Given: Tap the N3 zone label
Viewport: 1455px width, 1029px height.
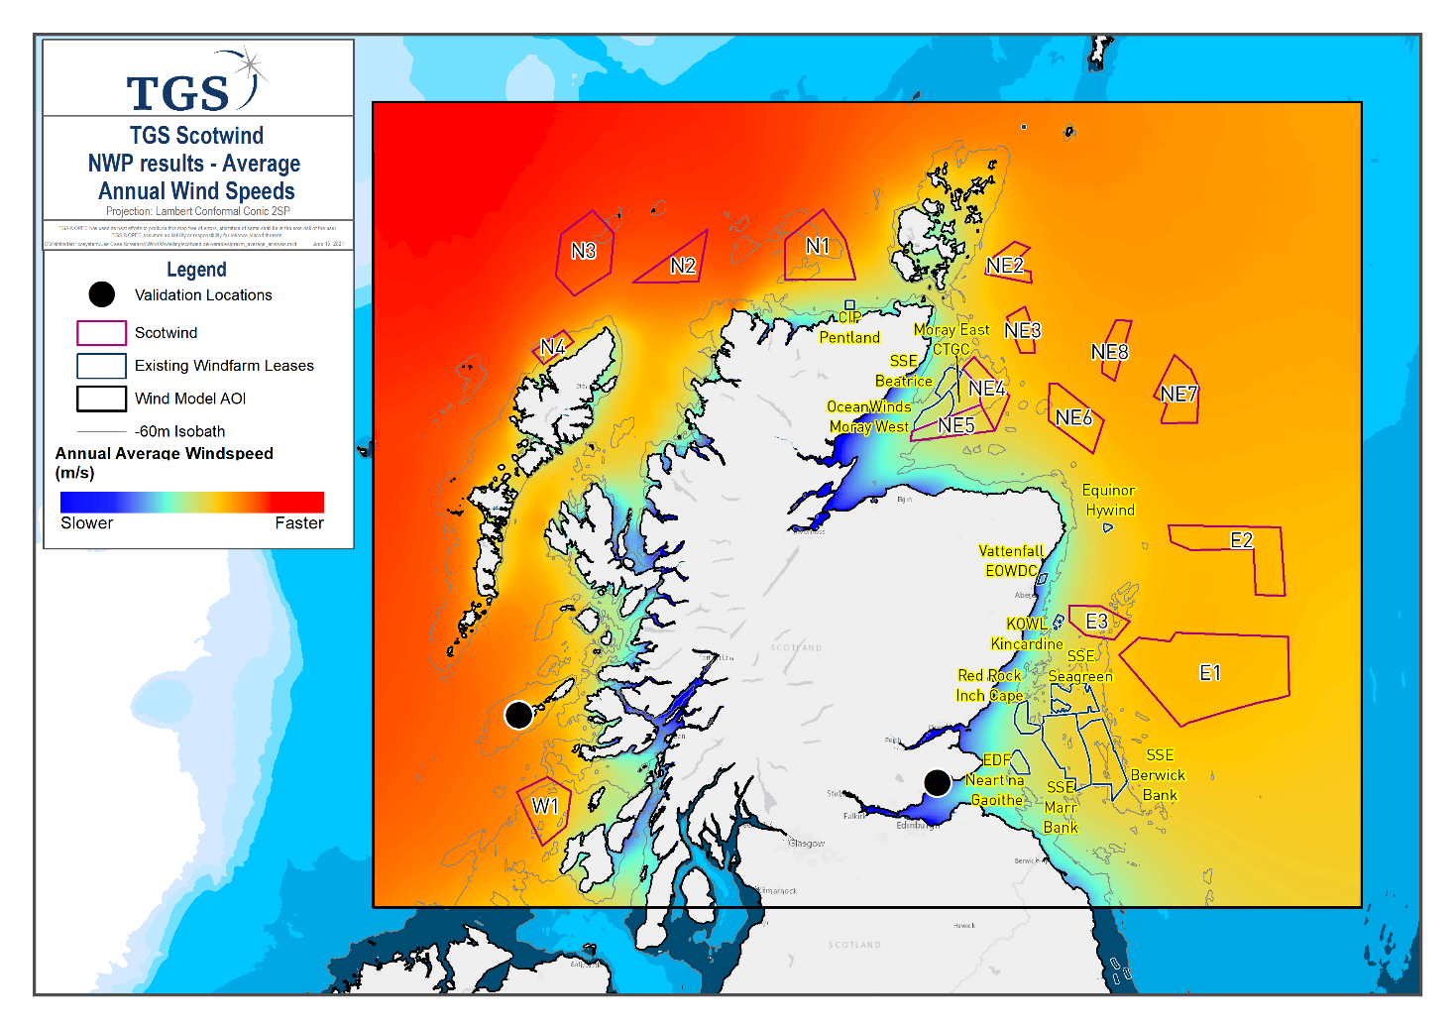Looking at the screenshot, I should point(584,252).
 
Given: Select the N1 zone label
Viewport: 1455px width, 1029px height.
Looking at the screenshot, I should point(818,247).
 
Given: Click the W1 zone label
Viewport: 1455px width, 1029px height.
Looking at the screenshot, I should point(545,806).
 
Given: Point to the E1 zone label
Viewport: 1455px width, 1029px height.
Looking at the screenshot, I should point(1210,674).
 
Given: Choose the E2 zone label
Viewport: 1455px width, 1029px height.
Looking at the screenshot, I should point(1241,541).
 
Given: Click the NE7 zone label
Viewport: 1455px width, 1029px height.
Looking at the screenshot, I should point(1178,395).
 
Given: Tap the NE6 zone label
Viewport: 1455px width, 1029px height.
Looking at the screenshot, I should point(1073,418).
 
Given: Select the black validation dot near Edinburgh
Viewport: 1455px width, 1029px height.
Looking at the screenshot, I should point(938,783).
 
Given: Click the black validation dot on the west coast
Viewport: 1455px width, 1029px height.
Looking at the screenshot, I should point(518,714).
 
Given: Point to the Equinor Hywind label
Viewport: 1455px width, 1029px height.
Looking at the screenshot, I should point(1109,501).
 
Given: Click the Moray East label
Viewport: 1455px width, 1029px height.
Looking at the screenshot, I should point(951,330).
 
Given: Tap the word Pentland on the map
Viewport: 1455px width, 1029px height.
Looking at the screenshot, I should point(849,338).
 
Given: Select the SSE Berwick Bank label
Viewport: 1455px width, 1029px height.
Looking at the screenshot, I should point(1158,775).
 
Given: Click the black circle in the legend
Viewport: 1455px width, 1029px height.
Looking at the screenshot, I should point(102,294).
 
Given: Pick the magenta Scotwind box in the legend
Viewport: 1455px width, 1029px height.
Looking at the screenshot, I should point(101,333).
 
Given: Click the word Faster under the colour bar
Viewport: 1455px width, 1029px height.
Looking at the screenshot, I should point(299,523).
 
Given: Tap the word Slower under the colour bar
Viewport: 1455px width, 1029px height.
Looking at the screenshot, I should point(87,523).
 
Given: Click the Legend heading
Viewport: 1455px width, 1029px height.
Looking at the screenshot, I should point(196,270).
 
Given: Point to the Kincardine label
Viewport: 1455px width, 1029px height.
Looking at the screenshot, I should point(1027,644).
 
